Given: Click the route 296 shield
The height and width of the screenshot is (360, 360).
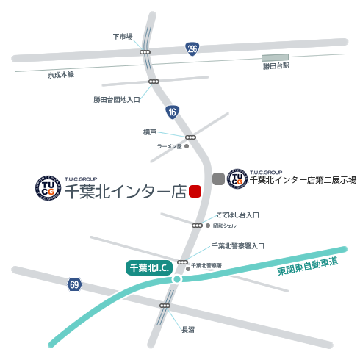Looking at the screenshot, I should point(192,49).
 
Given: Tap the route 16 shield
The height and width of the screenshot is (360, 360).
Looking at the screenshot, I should point(172,112).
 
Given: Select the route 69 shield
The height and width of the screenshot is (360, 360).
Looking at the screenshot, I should point(73,284).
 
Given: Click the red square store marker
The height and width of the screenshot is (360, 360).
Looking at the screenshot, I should point(195,191).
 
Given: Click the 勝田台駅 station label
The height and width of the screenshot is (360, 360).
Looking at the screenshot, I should point(276,67).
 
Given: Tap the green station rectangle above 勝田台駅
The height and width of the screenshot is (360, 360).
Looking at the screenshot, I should point(276,57).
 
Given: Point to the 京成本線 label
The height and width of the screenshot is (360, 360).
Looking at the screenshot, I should point(62,75).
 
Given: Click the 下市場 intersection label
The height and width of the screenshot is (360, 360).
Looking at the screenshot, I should point(123,35).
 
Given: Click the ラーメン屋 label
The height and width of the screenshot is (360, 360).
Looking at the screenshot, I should point(168,147).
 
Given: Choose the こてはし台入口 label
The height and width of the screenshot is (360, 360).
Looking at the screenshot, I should point(238,215).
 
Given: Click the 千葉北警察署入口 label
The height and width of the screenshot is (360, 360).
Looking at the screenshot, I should point(237,246).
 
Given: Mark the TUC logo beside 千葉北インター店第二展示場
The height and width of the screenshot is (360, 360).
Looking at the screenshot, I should point(237,178).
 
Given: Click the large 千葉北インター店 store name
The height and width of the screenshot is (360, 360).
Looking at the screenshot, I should point(125,192).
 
